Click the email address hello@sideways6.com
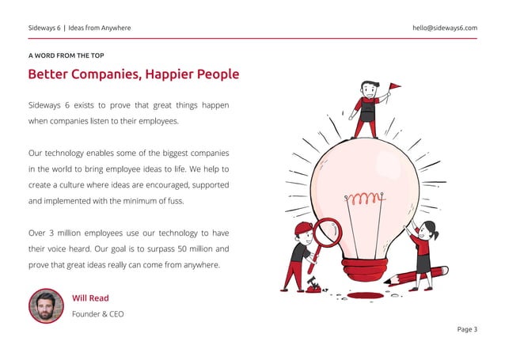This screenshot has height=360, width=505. point(444,28)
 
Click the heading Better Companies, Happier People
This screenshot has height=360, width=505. point(133,74)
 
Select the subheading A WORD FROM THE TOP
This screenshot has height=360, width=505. point(66,55)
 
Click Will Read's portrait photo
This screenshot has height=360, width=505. point(46,305)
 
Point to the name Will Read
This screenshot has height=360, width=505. point(90,298)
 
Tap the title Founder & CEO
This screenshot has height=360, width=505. point(97,314)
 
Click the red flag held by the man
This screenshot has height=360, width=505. point(394,87)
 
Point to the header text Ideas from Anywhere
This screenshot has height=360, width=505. point(100,28)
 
